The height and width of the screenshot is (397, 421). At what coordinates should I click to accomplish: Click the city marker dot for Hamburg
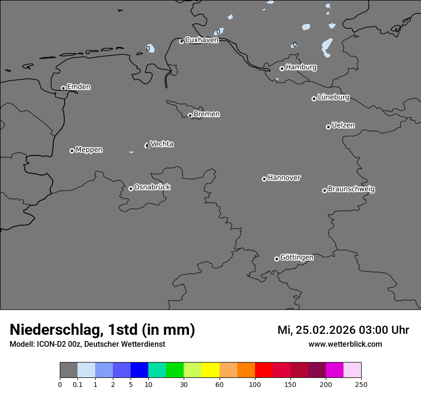[282, 68]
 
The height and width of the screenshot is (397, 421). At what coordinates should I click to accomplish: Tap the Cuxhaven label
[201, 40]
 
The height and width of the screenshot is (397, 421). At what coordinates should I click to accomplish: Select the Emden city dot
[63, 88]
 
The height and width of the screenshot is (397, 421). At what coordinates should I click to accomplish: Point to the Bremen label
[207, 114]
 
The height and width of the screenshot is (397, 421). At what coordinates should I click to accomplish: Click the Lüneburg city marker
[314, 99]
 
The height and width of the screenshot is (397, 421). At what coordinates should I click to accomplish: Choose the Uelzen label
[343, 125]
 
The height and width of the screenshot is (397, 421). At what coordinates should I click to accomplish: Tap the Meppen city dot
[72, 151]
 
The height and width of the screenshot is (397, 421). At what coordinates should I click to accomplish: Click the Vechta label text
[162, 144]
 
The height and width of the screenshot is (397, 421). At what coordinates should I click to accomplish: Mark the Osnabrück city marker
[131, 188]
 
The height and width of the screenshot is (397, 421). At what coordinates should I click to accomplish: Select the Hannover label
[284, 178]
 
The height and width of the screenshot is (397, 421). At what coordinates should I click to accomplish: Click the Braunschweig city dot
[324, 190]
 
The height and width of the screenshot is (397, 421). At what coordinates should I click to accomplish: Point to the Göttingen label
[297, 257]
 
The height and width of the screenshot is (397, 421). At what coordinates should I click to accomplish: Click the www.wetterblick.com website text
[345, 344]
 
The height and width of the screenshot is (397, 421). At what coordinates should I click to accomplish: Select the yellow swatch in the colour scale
[210, 370]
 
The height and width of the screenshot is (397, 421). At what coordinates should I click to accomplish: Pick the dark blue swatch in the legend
[139, 370]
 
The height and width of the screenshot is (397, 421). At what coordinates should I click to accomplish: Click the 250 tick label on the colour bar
[361, 384]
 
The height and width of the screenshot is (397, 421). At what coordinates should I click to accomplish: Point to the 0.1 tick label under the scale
[77, 384]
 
